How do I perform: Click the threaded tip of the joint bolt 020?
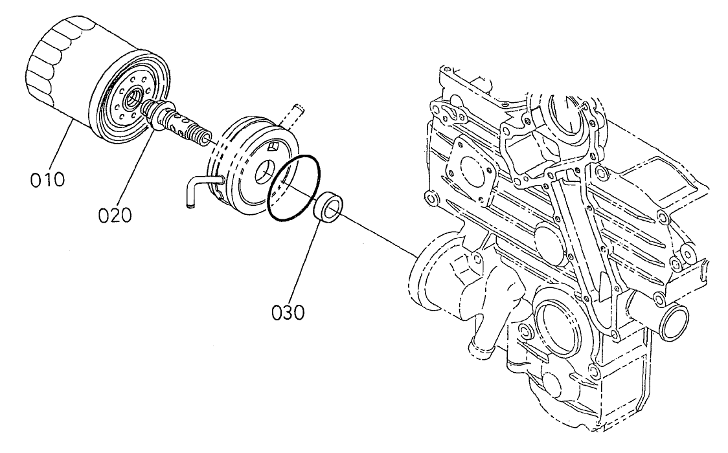click(203, 137)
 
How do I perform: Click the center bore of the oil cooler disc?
click(265, 175)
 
